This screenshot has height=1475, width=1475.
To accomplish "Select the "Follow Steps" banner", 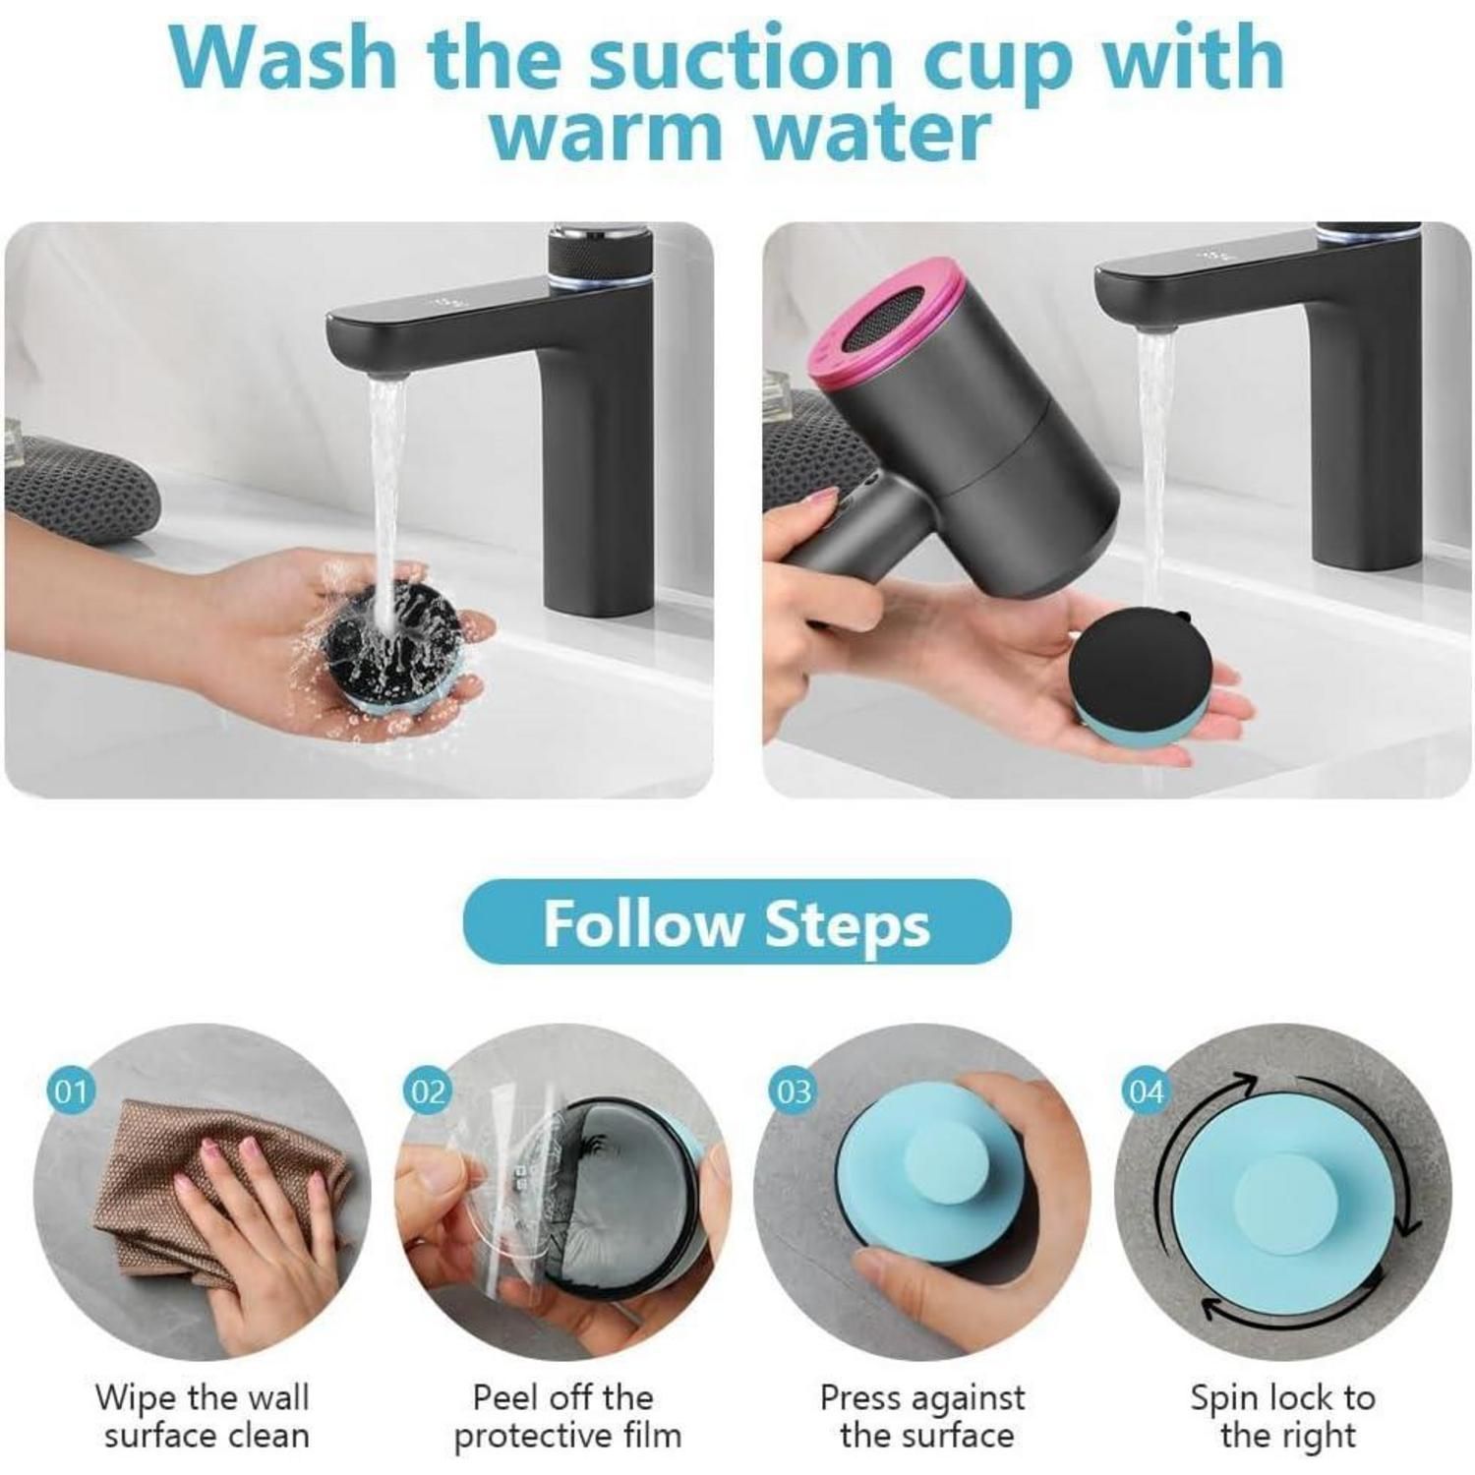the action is tap(737, 922).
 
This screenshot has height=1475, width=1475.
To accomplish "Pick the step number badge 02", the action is tap(428, 1091).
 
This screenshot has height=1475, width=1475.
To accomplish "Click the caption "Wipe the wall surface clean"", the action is tap(204, 1416).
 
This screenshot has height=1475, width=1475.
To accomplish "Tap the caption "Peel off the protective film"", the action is tap(566, 1416).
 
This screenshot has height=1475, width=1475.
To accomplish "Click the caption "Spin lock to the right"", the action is tap(1283, 1416).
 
